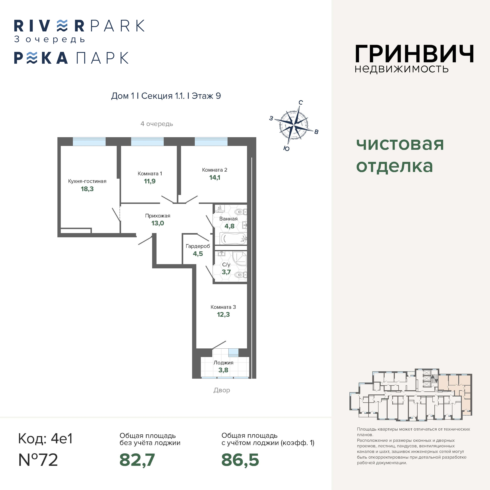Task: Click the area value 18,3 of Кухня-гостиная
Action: [87, 189]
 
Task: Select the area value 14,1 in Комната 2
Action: [215, 177]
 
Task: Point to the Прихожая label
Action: [158, 216]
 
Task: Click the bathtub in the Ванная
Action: [234, 239]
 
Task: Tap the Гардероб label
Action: [198, 246]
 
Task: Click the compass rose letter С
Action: [301, 102]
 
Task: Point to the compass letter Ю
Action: [286, 149]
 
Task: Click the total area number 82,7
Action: [137, 460]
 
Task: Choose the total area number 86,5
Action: [240, 460]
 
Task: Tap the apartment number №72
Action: [38, 460]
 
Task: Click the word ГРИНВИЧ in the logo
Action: [414, 54]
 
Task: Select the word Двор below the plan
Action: [222, 390]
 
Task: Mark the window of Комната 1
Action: [147, 142]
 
